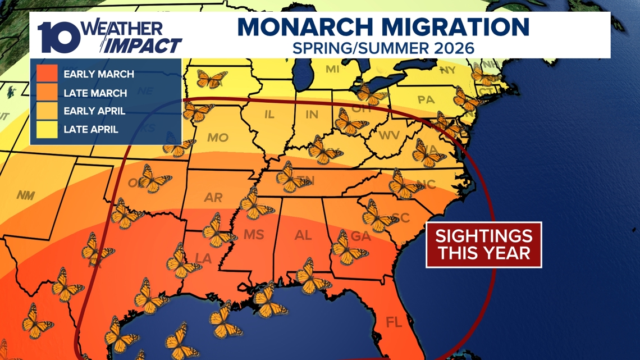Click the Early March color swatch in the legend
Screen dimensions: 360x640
click(47, 73)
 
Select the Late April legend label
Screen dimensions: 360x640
click(91, 130)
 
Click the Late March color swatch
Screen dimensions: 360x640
click(47, 92)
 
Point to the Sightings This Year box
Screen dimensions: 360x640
click(483, 244)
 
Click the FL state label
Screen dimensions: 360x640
click(394, 323)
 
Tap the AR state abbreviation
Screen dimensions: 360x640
click(214, 197)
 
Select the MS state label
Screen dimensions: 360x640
click(253, 235)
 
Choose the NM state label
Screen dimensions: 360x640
click(25, 195)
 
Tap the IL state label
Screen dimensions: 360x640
click(269, 115)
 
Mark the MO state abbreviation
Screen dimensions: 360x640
click(217, 138)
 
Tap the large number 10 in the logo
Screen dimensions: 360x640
click(59, 37)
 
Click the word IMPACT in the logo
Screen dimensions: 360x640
click(144, 45)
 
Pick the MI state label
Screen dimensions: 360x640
click(333, 69)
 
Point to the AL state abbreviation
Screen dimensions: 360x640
click(303, 236)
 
